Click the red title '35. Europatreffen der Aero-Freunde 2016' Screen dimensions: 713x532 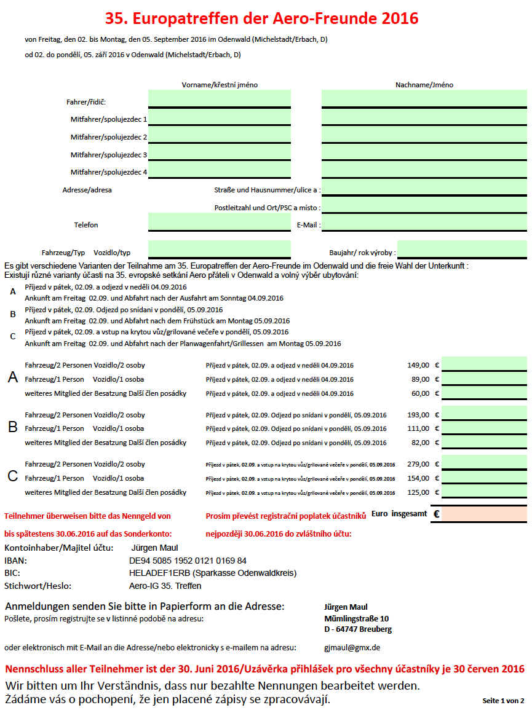click(261, 18)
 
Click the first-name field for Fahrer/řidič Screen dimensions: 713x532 click(219, 98)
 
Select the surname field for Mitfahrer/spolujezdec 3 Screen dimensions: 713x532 click(424, 152)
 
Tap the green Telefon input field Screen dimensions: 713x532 click(219, 223)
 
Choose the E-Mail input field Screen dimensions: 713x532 click(424, 223)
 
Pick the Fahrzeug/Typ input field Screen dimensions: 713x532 click(219, 249)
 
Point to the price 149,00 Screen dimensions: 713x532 click(418, 365)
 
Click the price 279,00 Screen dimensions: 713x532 click(418, 464)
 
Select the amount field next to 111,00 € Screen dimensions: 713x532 click(484, 428)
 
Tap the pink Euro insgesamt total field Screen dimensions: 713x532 click(484, 514)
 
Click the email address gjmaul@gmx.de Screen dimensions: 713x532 click(352, 647)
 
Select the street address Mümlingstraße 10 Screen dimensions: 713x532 click(357, 618)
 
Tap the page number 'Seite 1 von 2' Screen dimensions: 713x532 click(504, 700)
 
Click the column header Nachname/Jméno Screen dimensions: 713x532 click(424, 85)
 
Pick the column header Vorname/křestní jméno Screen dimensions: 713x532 click(220, 85)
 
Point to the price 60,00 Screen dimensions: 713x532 click(419, 393)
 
